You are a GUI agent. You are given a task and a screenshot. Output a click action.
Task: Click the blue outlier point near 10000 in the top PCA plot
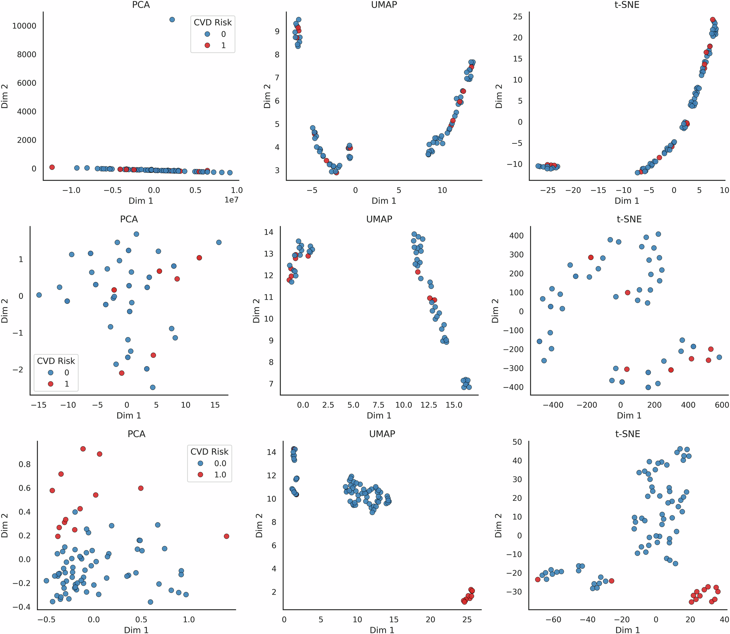172,20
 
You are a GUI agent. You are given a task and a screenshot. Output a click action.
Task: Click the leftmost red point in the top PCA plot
52,167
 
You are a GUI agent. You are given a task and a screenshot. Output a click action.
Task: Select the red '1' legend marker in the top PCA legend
207,46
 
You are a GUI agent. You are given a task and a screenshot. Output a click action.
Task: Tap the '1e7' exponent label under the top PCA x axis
231,200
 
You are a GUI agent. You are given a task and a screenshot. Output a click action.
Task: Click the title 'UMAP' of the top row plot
384,5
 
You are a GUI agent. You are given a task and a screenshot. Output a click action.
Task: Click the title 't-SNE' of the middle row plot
629,219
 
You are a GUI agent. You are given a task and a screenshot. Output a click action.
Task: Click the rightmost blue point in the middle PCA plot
219,242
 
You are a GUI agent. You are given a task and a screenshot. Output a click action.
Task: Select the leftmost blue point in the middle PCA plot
39,295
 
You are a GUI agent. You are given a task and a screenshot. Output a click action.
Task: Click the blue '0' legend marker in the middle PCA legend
51,372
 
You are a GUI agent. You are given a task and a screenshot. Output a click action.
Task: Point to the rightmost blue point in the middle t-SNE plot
719,357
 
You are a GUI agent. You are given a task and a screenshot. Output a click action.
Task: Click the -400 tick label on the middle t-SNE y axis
513,387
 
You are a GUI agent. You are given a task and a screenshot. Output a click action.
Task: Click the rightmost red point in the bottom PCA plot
226,536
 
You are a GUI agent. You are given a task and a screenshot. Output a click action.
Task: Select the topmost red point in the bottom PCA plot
83,449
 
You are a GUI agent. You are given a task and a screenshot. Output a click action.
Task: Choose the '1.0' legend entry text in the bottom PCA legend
220,475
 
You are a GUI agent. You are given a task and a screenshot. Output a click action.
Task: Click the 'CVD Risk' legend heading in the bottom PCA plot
209,452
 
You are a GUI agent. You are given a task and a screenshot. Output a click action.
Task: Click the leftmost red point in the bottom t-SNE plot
537,579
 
